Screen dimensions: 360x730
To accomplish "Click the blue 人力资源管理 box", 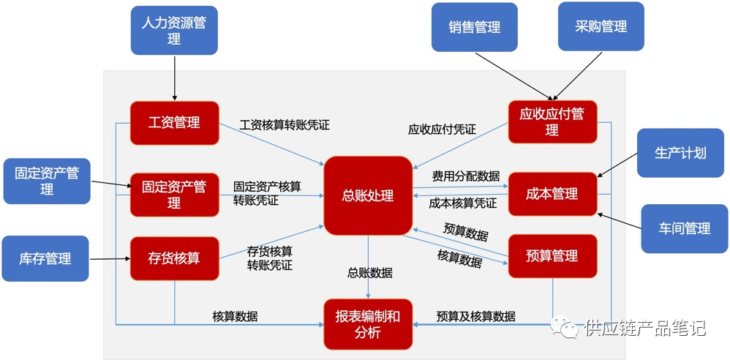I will coord(174,30).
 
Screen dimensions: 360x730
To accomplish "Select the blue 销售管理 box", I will coord(474,27).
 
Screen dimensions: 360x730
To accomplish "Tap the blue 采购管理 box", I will coord(601,26).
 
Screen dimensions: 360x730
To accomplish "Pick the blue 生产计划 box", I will coord(680,153).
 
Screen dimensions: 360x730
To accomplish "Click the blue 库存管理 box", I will coord(45,258).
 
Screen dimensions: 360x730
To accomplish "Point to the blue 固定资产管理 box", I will coord(47,181).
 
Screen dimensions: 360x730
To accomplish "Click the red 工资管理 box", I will coord(174,123).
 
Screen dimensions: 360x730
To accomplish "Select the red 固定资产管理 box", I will coord(174,195).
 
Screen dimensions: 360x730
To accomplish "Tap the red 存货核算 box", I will coord(174,258).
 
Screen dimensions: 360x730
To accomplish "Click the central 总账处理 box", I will coord(368,195).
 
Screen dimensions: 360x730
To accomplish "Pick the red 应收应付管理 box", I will coord(552,122).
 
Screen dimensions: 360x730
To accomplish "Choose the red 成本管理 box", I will coord(552,194).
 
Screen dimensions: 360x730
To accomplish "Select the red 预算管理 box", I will coord(552,256).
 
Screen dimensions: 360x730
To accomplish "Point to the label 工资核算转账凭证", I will coord(285,125).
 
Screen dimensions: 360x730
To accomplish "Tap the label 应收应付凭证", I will coord(442,130).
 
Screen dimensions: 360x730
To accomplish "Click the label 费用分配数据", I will coord(466,176).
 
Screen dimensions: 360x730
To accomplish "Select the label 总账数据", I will coord(369,273).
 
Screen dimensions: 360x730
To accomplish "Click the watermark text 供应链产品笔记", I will coord(644,329).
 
